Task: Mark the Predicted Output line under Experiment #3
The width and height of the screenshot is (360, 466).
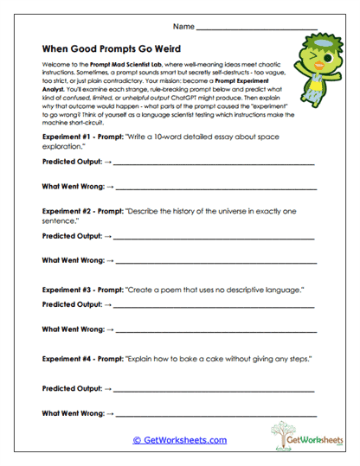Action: [x=212, y=305]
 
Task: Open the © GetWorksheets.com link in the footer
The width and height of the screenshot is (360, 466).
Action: [x=180, y=439]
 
